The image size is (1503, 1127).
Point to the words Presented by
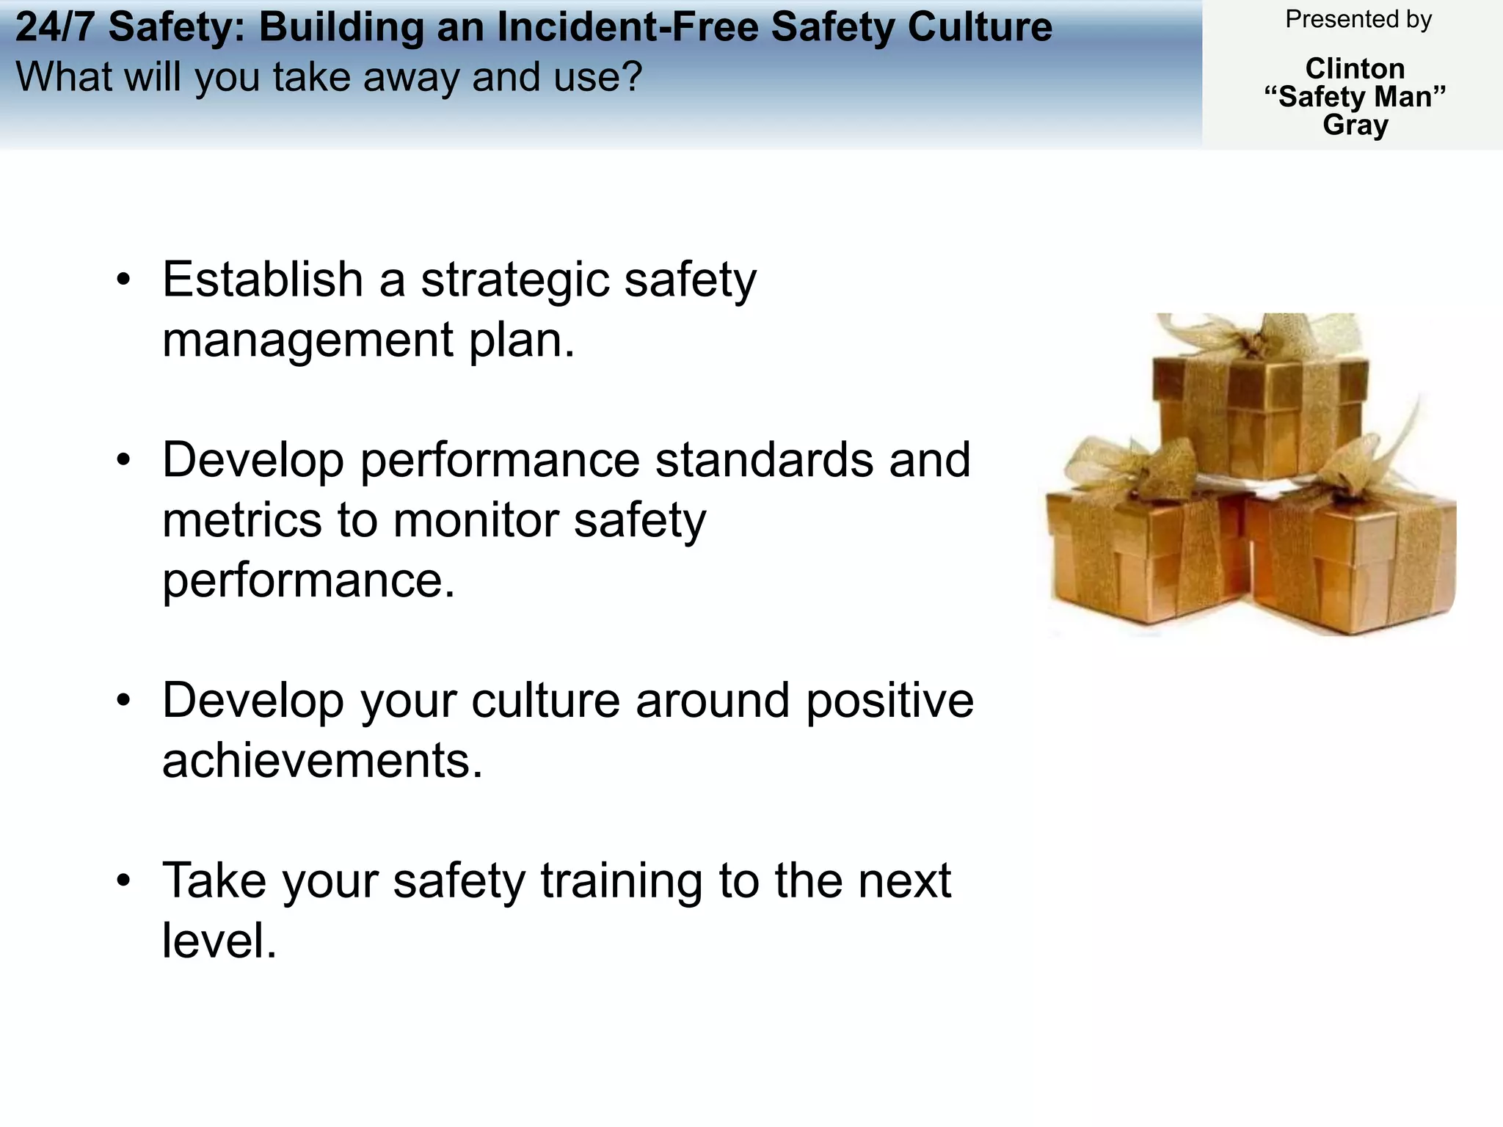click(1358, 20)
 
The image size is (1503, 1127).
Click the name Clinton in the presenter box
click(1355, 69)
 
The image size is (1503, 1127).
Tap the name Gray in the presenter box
click(1355, 125)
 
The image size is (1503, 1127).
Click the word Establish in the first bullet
click(263, 280)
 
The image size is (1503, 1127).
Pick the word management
click(307, 342)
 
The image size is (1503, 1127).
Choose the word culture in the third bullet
click(546, 701)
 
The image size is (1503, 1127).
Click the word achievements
click(322, 761)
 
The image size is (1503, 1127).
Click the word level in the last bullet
click(219, 941)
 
